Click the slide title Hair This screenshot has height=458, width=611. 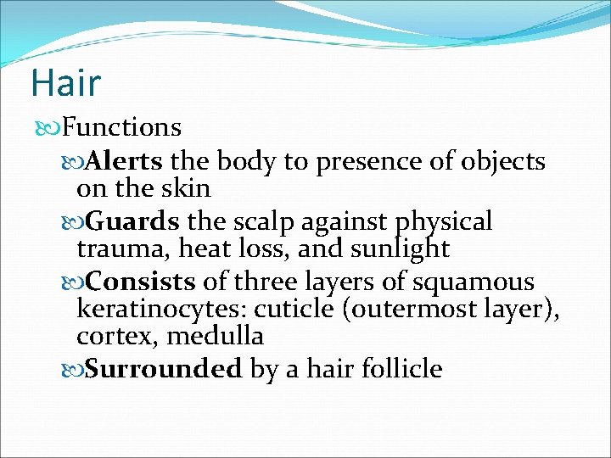coord(65,83)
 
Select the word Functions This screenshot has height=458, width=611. coord(122,128)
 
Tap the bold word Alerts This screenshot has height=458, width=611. coord(127,160)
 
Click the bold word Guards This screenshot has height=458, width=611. coord(133,222)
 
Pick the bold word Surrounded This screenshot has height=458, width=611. coord(165,369)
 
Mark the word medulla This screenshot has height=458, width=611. coord(216,337)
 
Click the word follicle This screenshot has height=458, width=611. coord(398,369)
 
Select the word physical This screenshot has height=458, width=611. coord(444,223)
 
